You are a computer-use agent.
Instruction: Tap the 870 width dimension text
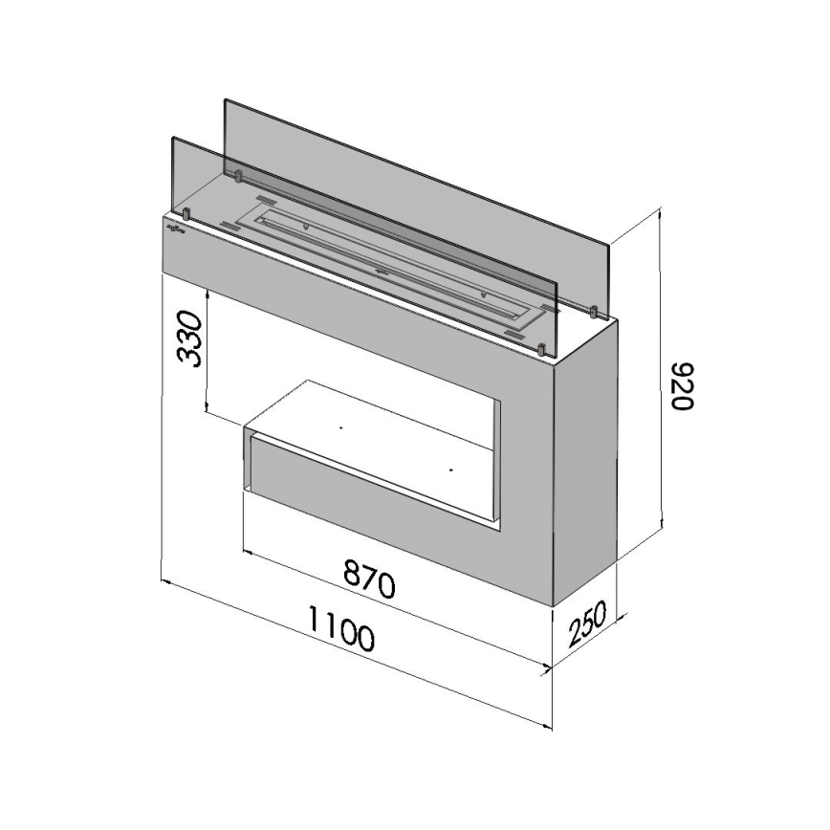coord(369,578)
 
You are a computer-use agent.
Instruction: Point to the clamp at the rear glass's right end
coord(594,311)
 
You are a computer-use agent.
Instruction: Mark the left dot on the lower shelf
coord(339,427)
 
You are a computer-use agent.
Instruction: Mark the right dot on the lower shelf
coord(449,470)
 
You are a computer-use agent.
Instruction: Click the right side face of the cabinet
coord(586,459)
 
